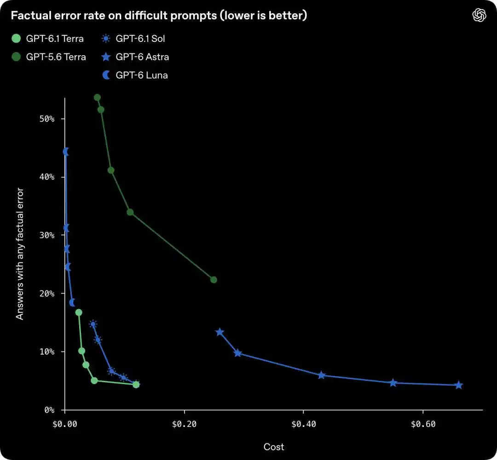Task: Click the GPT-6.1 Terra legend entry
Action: click(x=47, y=39)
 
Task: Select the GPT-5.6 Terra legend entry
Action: click(x=48, y=57)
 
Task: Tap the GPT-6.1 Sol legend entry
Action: click(x=133, y=39)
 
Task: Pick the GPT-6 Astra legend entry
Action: click(x=135, y=57)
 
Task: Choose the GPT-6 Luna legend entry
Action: click(x=135, y=75)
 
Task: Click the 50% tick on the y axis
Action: click(x=47, y=119)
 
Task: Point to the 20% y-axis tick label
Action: click(x=47, y=293)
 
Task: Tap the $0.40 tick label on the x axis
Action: click(x=303, y=424)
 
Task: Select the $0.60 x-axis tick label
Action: click(x=423, y=424)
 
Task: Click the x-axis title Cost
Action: click(x=274, y=447)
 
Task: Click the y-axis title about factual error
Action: click(x=20, y=254)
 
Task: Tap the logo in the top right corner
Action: click(x=479, y=15)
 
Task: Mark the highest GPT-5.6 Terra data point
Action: click(x=97, y=98)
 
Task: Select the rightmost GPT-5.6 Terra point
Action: click(x=214, y=280)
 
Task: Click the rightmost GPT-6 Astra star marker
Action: click(x=459, y=385)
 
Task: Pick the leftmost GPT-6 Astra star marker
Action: click(x=220, y=332)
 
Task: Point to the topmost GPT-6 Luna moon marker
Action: click(x=66, y=152)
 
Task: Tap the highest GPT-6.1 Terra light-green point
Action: click(x=79, y=313)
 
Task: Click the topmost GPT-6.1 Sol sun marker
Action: click(x=93, y=324)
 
